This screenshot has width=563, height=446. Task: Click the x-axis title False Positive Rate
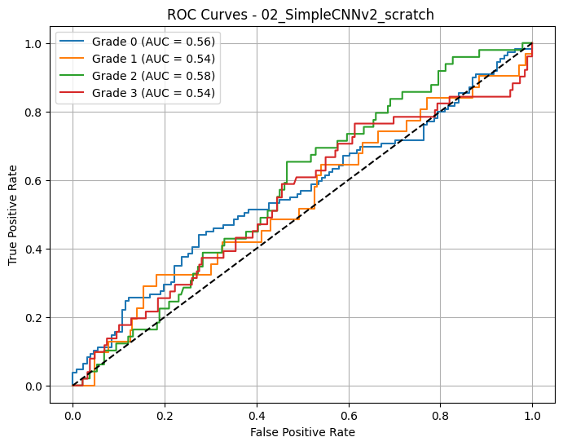[x=302, y=432]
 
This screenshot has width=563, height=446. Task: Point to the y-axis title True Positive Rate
[x=13, y=214]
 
